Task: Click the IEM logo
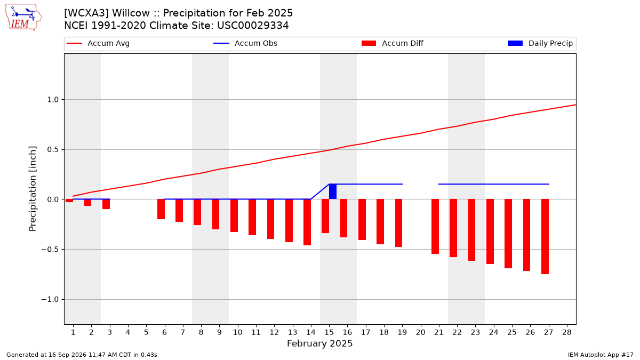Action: pyautogui.click(x=23, y=18)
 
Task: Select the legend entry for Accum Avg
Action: pyautogui.click(x=98, y=43)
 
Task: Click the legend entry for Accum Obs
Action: pyautogui.click(x=245, y=43)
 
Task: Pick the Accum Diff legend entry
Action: pyautogui.click(x=393, y=43)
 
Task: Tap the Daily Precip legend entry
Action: pyautogui.click(x=540, y=43)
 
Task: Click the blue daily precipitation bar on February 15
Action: pyautogui.click(x=333, y=191)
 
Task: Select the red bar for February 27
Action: pyautogui.click(x=545, y=237)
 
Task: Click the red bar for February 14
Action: pyautogui.click(x=307, y=222)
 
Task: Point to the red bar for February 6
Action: pyautogui.click(x=161, y=209)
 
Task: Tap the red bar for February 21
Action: pyautogui.click(x=435, y=227)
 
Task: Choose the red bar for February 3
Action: pyautogui.click(x=106, y=204)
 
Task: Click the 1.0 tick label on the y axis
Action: pyautogui.click(x=53, y=99)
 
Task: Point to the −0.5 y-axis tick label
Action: pyautogui.click(x=50, y=250)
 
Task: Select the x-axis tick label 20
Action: pyautogui.click(x=421, y=332)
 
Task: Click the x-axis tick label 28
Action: pyautogui.click(x=567, y=332)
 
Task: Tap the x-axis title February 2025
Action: pyautogui.click(x=319, y=343)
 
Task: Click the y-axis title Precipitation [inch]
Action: pyautogui.click(x=33, y=189)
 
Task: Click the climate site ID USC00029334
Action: pyautogui.click(x=253, y=26)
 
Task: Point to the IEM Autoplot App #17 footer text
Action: pyautogui.click(x=601, y=355)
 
